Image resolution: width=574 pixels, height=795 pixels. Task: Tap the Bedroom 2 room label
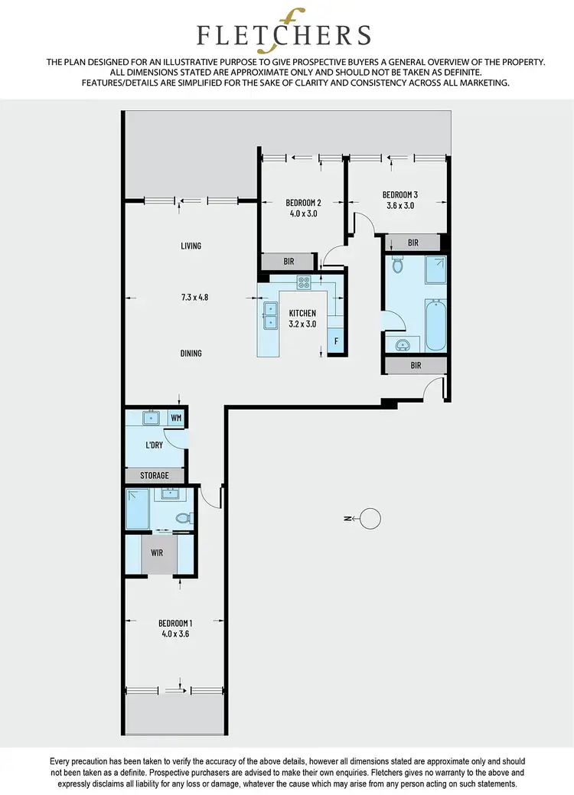click(x=303, y=203)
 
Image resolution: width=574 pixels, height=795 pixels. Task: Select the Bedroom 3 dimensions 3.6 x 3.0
click(x=399, y=205)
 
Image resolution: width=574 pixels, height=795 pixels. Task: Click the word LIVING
click(x=191, y=246)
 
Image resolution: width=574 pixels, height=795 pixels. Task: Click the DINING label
click(x=191, y=354)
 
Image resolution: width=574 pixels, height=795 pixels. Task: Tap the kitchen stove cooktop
click(x=304, y=282)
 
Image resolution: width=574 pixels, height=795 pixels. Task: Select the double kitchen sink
click(x=269, y=316)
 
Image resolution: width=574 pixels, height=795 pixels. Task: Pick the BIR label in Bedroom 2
click(x=289, y=262)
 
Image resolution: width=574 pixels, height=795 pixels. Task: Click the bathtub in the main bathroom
click(x=435, y=324)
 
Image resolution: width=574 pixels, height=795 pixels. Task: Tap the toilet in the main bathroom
click(x=396, y=266)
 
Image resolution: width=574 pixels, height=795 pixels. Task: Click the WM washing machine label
click(x=177, y=418)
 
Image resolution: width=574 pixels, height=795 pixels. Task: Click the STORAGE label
click(x=154, y=476)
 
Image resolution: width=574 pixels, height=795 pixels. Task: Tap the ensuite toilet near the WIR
click(x=182, y=518)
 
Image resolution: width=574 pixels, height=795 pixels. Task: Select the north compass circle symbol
click(x=370, y=519)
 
